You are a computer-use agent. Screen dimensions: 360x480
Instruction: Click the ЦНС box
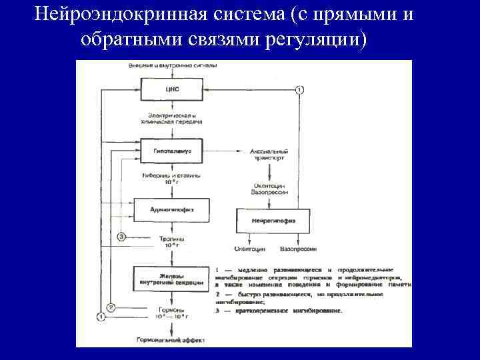click(x=171, y=89)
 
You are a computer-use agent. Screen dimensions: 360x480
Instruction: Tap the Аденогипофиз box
click(x=171, y=209)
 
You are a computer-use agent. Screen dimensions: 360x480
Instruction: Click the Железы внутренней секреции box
click(x=171, y=278)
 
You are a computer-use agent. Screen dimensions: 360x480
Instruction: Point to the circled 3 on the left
click(x=121, y=237)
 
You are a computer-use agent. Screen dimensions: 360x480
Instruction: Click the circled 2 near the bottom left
click(x=111, y=307)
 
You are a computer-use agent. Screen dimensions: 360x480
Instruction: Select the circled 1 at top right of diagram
click(x=299, y=89)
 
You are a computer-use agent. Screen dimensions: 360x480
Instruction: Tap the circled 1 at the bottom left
click(x=101, y=317)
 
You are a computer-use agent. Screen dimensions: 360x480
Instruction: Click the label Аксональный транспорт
click(x=270, y=155)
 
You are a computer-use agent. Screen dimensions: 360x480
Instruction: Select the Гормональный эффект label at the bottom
click(x=171, y=339)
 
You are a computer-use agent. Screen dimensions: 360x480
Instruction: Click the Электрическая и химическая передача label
click(x=171, y=119)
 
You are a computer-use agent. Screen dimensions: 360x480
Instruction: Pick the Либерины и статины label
click(x=171, y=177)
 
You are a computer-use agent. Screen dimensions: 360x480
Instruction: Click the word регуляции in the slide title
click(x=317, y=39)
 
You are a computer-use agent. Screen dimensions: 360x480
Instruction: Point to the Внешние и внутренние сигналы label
click(x=171, y=65)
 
